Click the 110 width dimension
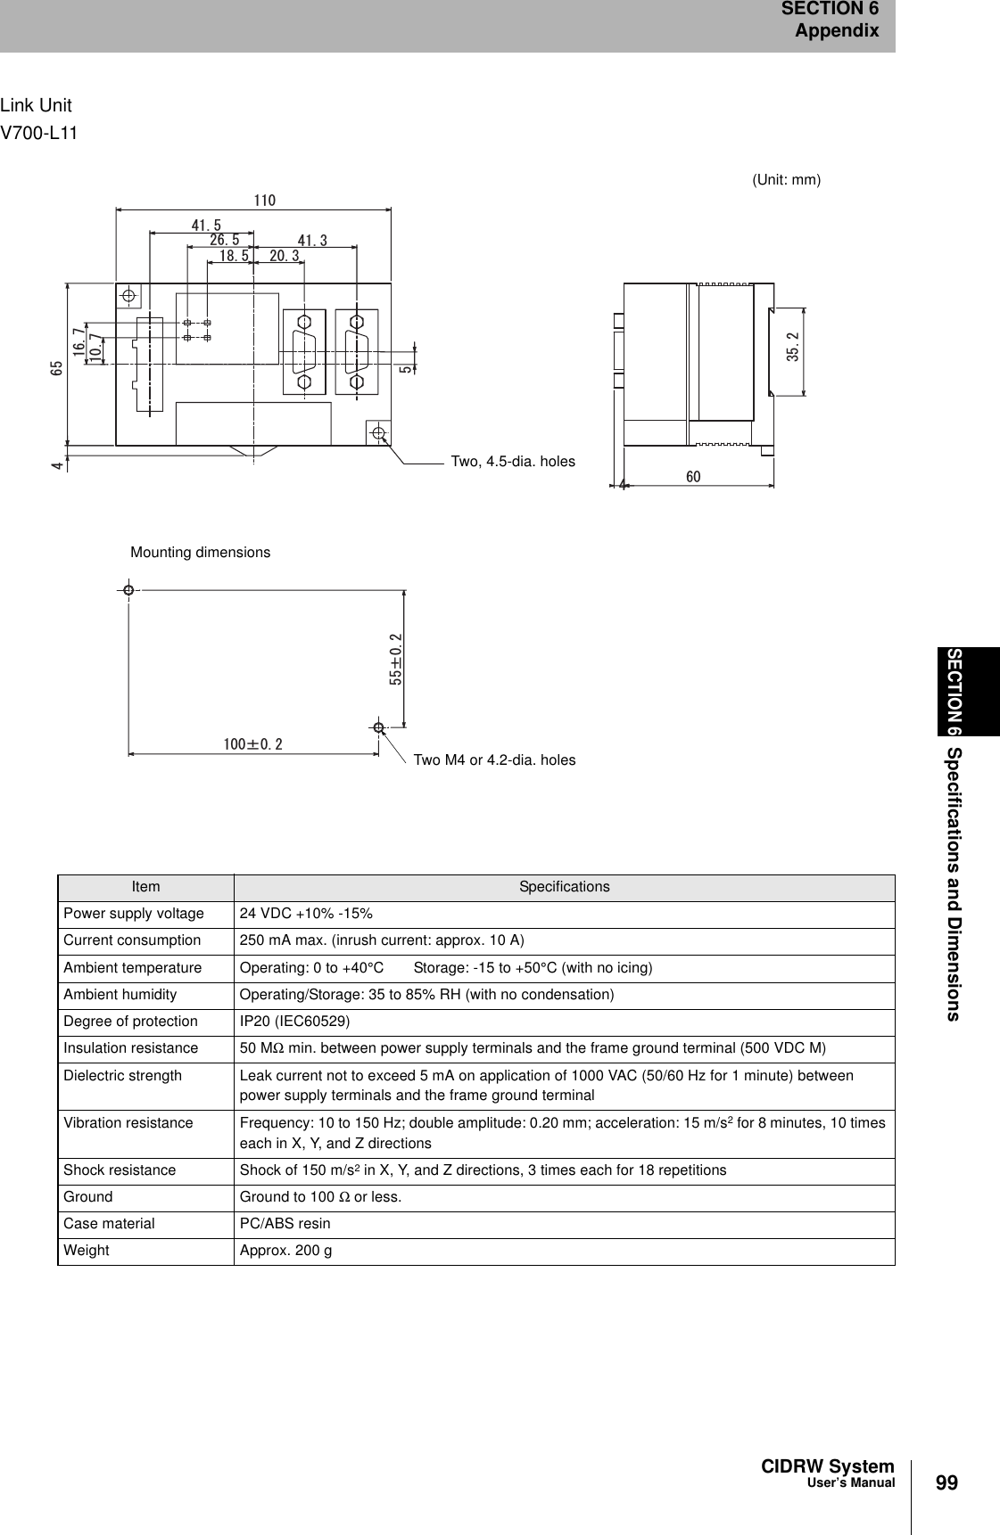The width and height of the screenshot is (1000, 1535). [265, 201]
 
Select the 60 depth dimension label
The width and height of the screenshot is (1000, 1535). [693, 477]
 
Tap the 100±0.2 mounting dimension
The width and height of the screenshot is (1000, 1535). [252, 743]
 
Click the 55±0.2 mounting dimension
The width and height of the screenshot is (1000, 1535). [396, 659]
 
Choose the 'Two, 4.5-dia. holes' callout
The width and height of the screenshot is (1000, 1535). [513, 462]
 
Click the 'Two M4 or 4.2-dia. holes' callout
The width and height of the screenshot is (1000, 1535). [494, 760]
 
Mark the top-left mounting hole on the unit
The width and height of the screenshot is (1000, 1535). [129, 295]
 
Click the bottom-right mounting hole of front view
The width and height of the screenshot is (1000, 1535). [380, 433]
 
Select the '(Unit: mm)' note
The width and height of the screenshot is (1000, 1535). [786, 180]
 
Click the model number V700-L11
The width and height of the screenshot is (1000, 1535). [39, 134]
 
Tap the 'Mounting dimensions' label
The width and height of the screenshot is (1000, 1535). [200, 553]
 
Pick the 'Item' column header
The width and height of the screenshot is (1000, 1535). [145, 887]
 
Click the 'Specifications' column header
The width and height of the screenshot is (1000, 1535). [564, 887]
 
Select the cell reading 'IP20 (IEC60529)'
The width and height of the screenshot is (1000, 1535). [294, 1022]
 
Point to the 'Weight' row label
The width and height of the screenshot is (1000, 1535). [87, 1251]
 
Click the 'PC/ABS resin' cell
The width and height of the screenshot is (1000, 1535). [285, 1224]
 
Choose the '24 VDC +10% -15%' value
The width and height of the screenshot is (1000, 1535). [306, 914]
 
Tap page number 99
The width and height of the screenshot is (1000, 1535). [947, 1482]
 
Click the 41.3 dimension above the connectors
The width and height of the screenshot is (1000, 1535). [312, 241]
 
